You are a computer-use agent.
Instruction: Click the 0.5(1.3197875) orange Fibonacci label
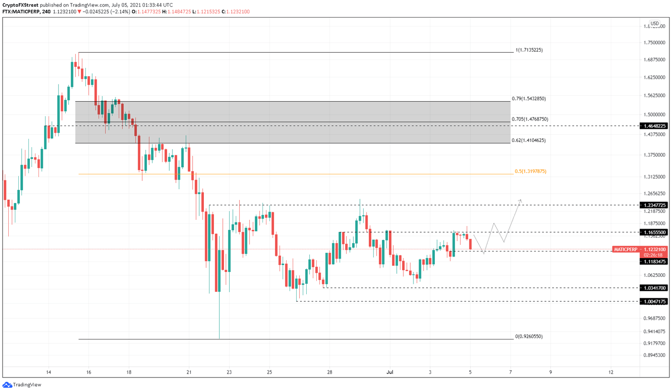point(530,171)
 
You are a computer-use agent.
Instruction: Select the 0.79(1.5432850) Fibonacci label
point(528,99)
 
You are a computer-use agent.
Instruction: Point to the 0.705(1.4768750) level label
point(529,119)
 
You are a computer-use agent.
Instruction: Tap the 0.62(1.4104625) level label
point(528,141)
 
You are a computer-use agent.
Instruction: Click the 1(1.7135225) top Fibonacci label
point(528,50)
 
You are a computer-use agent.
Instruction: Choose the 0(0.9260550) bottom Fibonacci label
point(528,336)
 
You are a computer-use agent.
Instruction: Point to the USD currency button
point(654,24)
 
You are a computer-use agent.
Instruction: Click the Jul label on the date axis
point(390,372)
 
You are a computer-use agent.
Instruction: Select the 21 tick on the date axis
point(189,372)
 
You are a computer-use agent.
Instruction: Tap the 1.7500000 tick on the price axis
point(654,42)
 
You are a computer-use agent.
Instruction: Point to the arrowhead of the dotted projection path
point(521,200)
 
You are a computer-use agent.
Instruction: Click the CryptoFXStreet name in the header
point(21,5)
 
